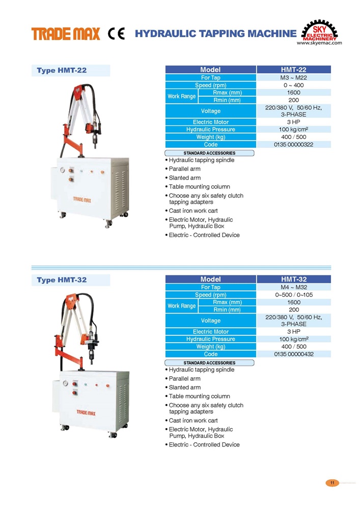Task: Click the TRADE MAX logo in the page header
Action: [66, 34]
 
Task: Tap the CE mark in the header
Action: [116, 34]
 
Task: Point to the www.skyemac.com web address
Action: [319, 44]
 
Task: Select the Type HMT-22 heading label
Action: [62, 71]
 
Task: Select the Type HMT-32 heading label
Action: [62, 280]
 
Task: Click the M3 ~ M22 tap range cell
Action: [293, 78]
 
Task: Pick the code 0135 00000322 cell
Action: [293, 145]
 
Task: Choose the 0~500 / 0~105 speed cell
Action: [293, 295]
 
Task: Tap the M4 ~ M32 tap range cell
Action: [293, 288]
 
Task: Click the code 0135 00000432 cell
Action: [293, 354]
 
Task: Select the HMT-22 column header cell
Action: [293, 70]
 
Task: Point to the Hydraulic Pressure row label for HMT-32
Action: [210, 339]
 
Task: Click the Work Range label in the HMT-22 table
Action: [181, 96]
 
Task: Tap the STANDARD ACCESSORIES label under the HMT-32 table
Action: [209, 363]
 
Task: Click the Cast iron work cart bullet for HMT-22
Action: [193, 211]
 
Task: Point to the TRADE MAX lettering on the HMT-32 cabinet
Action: [87, 411]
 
